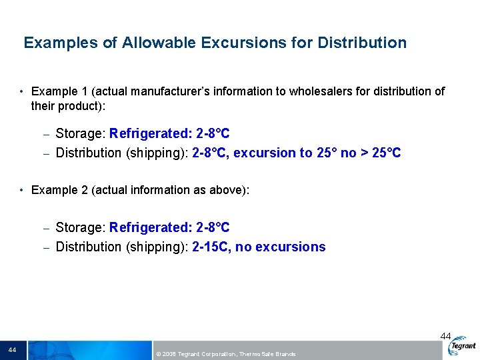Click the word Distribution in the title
pos(362,43)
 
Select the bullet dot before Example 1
pos(22,91)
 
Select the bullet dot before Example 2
pos(22,190)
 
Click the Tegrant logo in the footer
pos(463,347)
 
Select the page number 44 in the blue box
pos(12,350)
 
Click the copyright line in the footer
pos(225,353)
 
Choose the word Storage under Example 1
pos(79,133)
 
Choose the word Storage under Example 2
pos(79,227)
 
